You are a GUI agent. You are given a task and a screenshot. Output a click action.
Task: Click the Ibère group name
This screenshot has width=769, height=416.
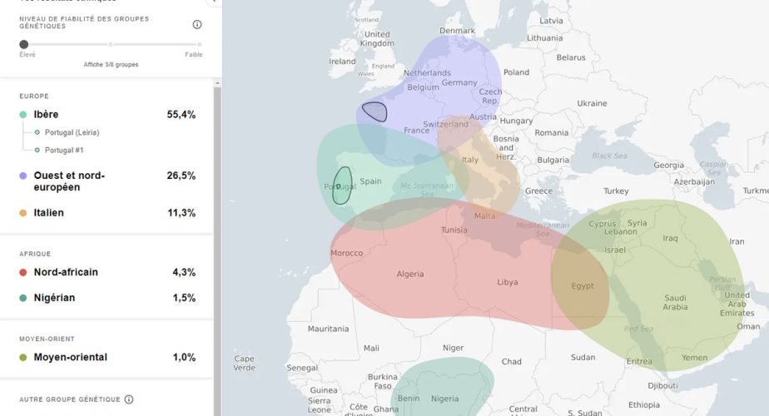pos(46,115)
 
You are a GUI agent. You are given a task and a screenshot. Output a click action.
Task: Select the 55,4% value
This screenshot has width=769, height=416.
pos(181,115)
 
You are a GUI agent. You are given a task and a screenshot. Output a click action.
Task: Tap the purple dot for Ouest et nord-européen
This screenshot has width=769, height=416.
pos(23,176)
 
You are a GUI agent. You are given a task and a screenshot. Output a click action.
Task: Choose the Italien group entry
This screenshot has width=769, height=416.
pos(48,213)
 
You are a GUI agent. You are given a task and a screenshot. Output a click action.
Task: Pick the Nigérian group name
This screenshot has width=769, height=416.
pos(56,298)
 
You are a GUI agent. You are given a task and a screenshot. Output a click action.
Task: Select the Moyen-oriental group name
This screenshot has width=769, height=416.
pos(70,358)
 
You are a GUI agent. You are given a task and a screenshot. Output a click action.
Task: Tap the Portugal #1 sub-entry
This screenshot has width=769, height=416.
pos(64,151)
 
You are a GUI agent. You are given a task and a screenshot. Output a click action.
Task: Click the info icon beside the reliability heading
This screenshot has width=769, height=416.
pos(197,24)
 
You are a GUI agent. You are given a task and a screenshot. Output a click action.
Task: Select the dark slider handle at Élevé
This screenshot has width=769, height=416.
pos(23,44)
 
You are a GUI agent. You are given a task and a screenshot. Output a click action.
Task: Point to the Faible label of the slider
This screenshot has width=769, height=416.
pos(193,55)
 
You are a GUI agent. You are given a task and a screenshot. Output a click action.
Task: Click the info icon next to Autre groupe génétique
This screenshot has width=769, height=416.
pos(129,399)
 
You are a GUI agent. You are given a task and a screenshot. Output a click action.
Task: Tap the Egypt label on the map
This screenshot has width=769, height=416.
pos(583,286)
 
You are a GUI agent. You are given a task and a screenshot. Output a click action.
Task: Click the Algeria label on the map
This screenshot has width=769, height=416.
pos(410,274)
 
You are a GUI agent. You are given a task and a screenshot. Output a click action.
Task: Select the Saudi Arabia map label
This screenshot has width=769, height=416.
pos(675,302)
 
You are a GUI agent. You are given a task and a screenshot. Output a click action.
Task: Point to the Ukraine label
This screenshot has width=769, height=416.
pos(592,103)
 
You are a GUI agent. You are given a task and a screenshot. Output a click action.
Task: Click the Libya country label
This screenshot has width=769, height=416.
pos(508,282)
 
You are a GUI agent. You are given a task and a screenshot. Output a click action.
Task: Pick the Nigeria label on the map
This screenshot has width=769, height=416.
pos(445,399)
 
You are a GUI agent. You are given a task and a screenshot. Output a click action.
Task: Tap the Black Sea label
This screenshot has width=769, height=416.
pos(609,156)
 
